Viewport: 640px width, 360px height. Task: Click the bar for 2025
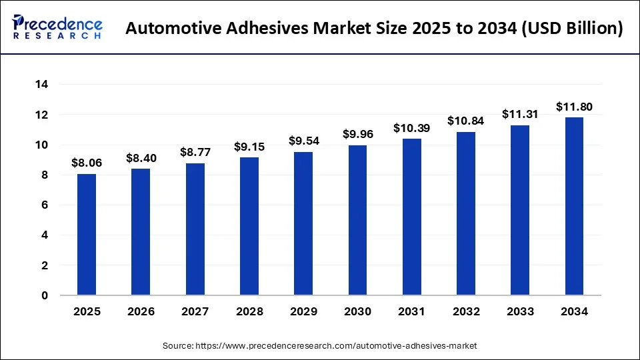(87, 235)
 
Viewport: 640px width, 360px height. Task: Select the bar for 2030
(357, 220)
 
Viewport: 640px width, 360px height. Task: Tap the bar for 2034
(574, 206)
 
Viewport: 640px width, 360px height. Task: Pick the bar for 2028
(249, 226)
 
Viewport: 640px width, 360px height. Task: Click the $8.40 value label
(141, 158)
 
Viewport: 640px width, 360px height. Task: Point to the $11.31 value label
(520, 114)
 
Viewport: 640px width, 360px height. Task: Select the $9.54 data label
(303, 141)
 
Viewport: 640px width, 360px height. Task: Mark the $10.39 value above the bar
(411, 128)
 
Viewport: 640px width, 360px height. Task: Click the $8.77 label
(195, 152)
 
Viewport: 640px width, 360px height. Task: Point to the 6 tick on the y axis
(44, 205)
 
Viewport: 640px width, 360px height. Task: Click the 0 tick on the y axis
(44, 295)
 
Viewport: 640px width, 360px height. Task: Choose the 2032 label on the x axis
(466, 311)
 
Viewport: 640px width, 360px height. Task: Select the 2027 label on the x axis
(195, 311)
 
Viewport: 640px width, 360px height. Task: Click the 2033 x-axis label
(520, 311)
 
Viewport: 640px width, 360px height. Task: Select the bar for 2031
(411, 217)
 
